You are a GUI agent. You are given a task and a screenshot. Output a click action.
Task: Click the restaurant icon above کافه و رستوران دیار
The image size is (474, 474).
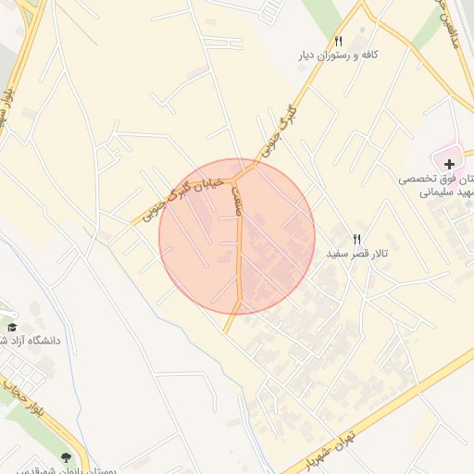tap(338, 41)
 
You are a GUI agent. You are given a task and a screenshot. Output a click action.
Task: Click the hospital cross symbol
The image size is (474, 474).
tap(449, 163)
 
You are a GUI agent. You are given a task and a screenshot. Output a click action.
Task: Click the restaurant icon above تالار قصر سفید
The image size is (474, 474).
tap(356, 239)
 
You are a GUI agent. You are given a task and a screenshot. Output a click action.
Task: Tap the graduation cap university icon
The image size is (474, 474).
tap(12, 327)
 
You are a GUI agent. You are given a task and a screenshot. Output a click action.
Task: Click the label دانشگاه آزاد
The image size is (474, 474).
tap(31, 341)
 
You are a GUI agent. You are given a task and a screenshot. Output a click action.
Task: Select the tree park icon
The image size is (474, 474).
tap(66, 456)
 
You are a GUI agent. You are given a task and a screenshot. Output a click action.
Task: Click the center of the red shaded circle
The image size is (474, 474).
tap(237, 237)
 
